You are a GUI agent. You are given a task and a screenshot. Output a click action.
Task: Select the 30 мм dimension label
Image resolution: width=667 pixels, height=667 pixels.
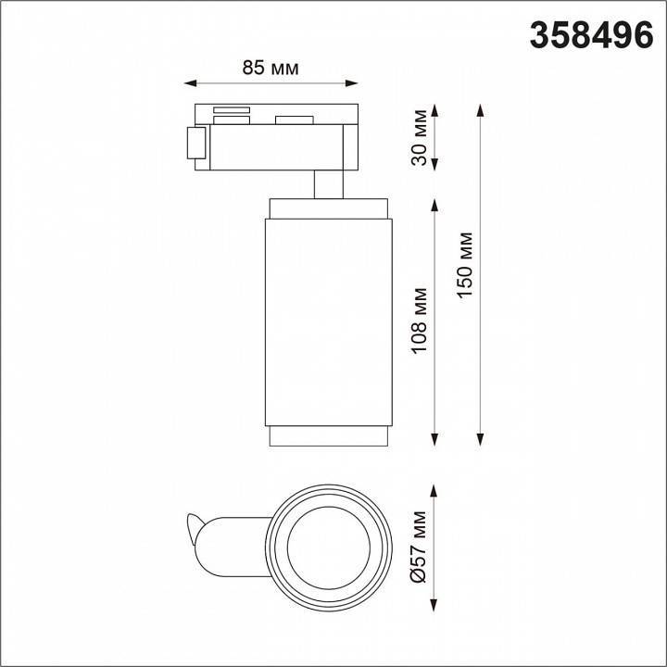tap(421, 137)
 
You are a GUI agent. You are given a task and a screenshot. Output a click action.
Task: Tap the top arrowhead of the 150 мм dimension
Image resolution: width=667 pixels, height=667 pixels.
tap(480, 108)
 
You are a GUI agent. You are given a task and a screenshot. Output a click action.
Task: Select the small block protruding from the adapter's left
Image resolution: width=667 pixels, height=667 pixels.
tap(195, 144)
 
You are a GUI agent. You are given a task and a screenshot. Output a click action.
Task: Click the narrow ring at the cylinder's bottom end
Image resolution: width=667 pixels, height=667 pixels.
tap(329, 436)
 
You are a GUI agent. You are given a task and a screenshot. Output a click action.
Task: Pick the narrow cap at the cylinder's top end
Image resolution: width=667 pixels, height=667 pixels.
tap(329, 208)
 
